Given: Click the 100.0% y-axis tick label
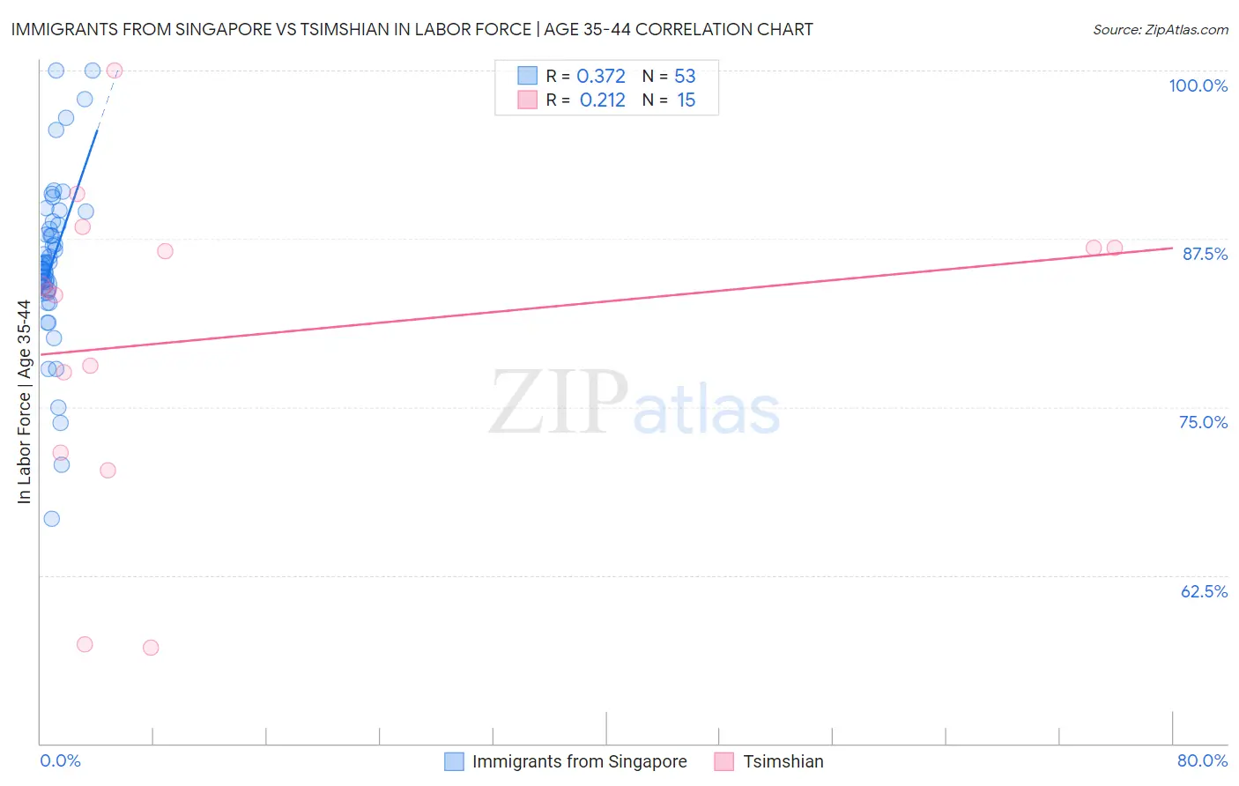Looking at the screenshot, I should click(x=1198, y=85).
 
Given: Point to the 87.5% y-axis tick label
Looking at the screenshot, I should click(x=1204, y=254).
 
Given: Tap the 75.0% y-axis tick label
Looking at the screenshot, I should click(x=1203, y=422).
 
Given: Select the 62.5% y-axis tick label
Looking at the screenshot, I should click(x=1204, y=591).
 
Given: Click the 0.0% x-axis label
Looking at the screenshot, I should click(x=60, y=760).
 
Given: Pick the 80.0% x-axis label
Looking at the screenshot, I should click(x=1202, y=760).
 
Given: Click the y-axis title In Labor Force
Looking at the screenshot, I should click(x=24, y=402).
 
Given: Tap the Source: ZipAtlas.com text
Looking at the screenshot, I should click(x=1160, y=29).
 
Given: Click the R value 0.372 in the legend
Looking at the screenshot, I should click(x=601, y=77).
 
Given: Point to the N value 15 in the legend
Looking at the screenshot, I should click(x=686, y=100).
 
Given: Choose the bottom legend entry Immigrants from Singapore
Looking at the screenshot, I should click(x=579, y=761).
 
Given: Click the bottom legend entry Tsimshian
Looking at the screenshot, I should click(x=783, y=761).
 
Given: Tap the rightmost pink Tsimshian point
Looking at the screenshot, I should click(x=1115, y=248).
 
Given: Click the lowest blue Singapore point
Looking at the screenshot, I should click(x=52, y=518).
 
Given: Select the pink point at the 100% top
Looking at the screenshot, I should click(x=114, y=70).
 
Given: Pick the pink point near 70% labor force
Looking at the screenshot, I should click(x=108, y=470).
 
